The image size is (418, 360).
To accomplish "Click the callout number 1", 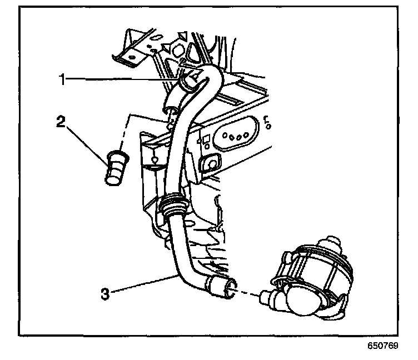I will (64, 79).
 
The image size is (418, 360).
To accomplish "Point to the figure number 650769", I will (382, 345).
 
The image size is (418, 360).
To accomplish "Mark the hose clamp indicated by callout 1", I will (192, 81).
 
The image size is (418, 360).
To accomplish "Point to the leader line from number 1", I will (122, 79).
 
